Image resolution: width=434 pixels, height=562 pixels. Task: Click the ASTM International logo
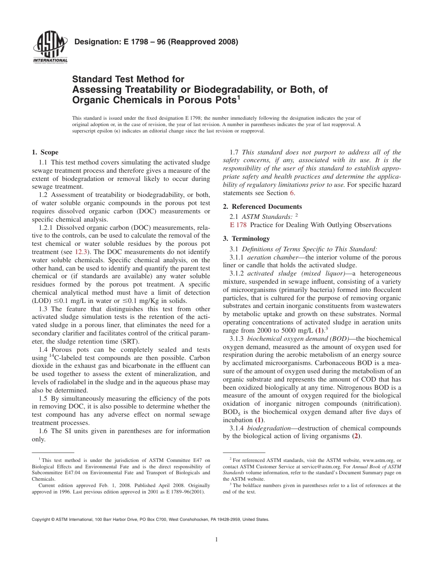tap(50, 48)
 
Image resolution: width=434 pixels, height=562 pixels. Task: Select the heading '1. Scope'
tap(45, 153)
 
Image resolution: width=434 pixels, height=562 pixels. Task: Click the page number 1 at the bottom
tap(217, 540)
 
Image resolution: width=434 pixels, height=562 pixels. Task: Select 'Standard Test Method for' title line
tap(128, 79)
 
